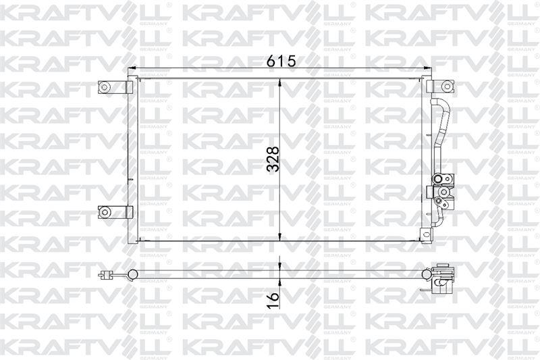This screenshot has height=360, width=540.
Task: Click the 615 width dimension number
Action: tap(281, 61)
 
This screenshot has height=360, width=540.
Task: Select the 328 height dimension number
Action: tap(273, 159)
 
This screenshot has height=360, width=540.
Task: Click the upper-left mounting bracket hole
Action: tap(104, 87)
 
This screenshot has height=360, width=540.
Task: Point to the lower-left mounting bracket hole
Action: tap(104, 212)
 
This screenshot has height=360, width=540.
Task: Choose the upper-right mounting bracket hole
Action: tap(447, 86)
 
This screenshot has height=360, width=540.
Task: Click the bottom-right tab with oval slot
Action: tap(427, 234)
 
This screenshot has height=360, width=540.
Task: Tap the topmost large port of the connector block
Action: tap(437, 179)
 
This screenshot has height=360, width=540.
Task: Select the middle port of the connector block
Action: tap(443, 192)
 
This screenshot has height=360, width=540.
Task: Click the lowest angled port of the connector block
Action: tap(438, 201)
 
